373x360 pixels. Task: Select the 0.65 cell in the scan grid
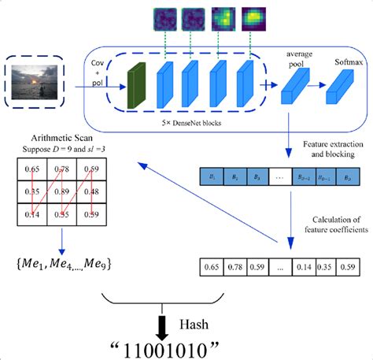click(x=32, y=168)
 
